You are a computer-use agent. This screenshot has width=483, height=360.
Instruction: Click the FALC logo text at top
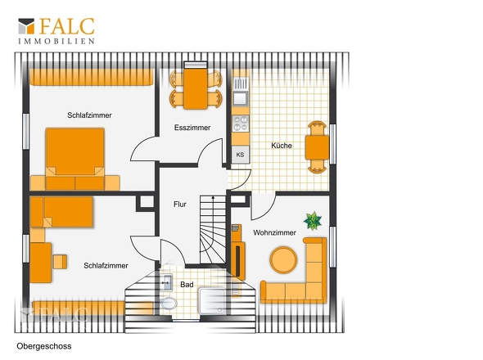67,26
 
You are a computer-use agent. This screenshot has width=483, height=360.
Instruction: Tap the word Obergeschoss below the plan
44,346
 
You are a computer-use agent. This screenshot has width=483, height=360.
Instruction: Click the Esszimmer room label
192,128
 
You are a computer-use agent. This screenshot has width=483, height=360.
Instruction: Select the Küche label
282,146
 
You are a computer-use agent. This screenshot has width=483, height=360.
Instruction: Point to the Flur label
180,205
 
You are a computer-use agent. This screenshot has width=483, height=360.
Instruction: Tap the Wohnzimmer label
274,232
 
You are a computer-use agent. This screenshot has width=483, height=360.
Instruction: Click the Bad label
187,285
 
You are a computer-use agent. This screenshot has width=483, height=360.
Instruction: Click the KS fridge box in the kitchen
240,155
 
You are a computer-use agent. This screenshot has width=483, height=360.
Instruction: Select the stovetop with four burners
240,124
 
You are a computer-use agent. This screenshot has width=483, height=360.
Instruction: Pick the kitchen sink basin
240,98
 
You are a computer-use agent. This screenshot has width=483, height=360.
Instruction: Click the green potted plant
313,221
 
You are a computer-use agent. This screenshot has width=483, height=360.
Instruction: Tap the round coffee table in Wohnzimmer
283,259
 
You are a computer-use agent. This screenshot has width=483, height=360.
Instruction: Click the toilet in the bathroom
169,304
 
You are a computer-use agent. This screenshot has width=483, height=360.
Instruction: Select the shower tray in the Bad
213,301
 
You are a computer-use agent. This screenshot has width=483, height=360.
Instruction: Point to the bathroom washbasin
166,281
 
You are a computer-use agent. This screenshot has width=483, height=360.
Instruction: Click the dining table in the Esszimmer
196,88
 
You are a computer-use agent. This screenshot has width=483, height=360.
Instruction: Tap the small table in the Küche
317,147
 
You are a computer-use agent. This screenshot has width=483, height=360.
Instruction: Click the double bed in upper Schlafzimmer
75,159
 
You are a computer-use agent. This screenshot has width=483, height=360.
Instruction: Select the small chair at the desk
60,262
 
